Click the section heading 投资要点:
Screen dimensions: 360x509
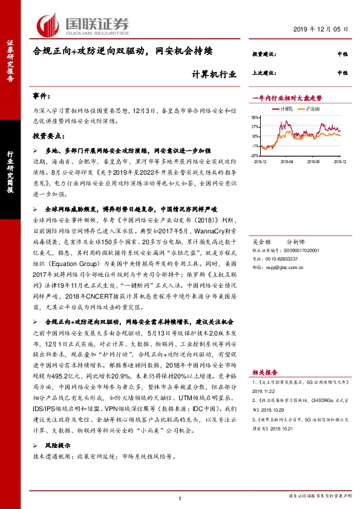[x=47, y=136]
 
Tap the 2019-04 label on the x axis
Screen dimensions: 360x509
[x=287, y=161]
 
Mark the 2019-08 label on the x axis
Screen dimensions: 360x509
[x=313, y=161]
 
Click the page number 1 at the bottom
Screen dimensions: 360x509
[x=180, y=498]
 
